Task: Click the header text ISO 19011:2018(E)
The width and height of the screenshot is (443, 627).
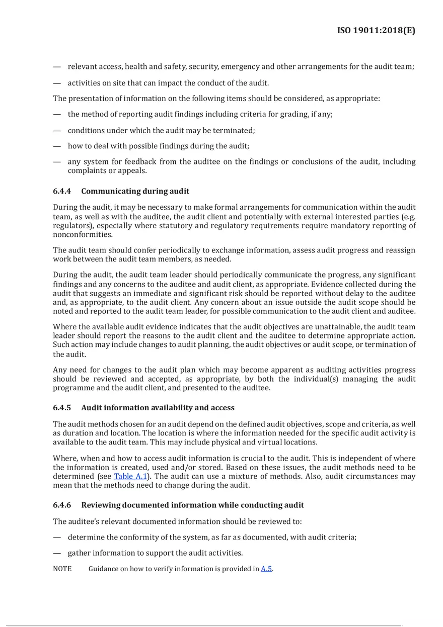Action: (x=376, y=31)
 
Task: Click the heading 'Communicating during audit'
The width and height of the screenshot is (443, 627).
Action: (x=135, y=191)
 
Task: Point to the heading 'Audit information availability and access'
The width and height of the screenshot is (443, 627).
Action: (x=158, y=407)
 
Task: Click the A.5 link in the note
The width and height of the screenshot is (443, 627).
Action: (x=266, y=569)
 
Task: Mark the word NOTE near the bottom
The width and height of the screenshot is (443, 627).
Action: (x=62, y=569)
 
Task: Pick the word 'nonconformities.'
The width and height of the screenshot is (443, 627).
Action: (x=83, y=235)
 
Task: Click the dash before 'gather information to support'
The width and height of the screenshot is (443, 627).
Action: (x=57, y=553)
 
